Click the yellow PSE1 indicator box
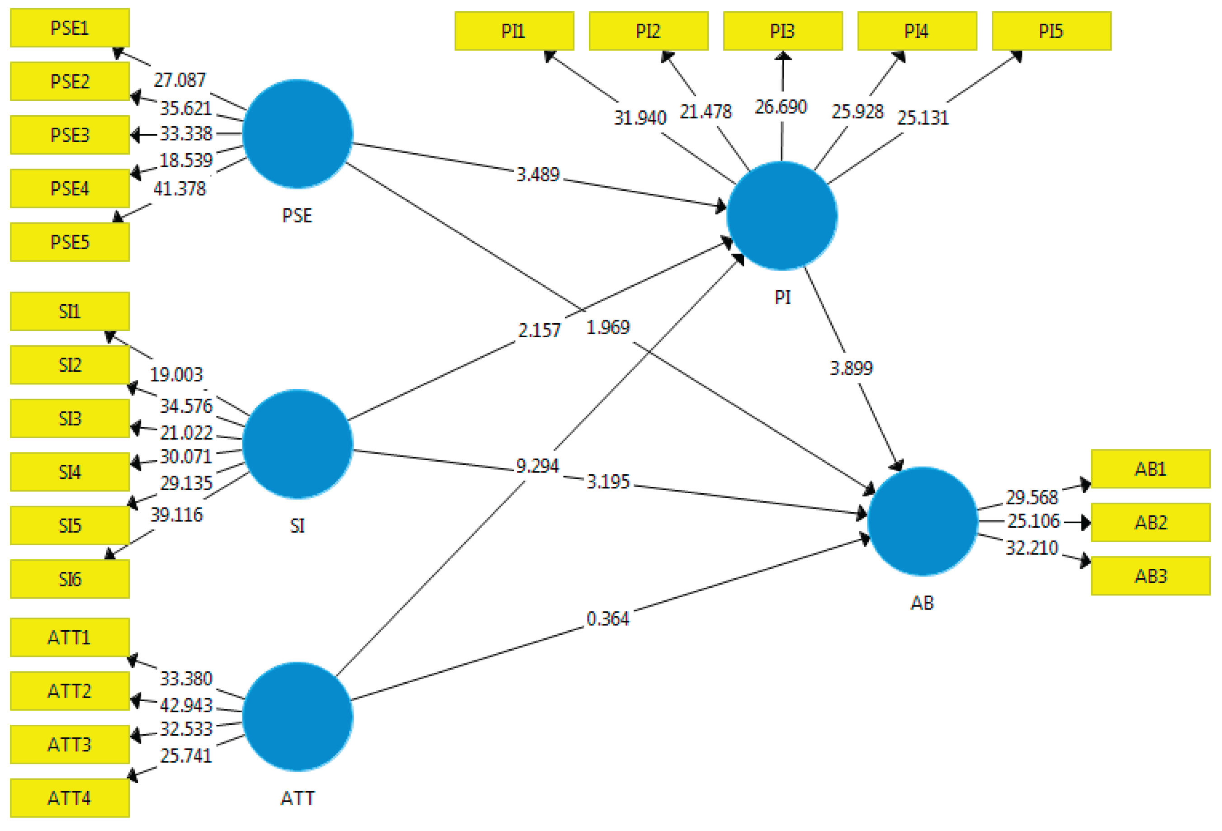(x=70, y=28)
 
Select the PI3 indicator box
(x=782, y=31)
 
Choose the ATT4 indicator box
(x=70, y=798)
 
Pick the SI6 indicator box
(x=70, y=579)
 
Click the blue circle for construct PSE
(x=298, y=133)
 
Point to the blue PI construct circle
(x=782, y=216)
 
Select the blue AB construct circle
(x=922, y=521)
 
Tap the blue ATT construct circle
(x=298, y=717)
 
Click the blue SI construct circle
(x=298, y=444)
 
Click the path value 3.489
(x=538, y=175)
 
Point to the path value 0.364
(x=608, y=619)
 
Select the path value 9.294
(x=537, y=466)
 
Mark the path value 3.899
(x=851, y=368)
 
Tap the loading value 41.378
(x=179, y=189)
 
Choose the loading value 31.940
(x=640, y=118)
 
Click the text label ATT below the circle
(x=298, y=798)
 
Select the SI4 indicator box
(x=70, y=472)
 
